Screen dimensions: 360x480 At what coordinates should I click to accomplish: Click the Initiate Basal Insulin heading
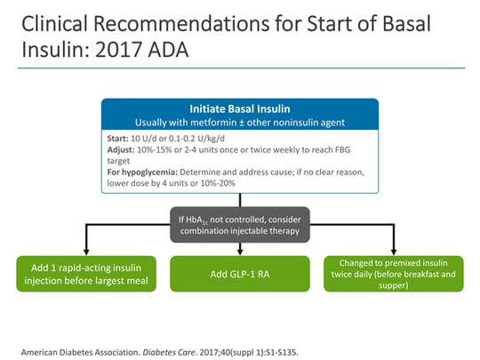(x=240, y=108)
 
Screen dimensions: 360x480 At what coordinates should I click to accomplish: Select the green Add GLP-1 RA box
(x=240, y=274)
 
